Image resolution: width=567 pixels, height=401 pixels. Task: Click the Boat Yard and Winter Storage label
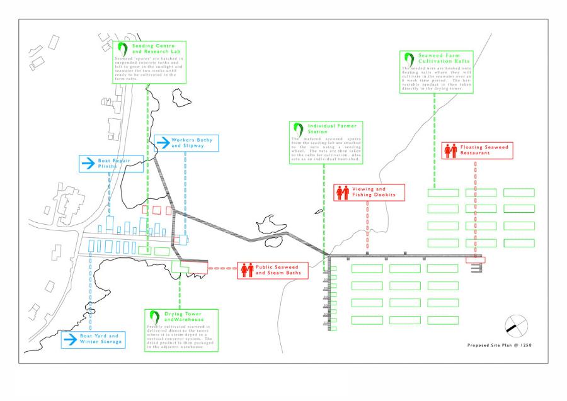tap(100, 339)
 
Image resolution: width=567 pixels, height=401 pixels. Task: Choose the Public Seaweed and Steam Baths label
tap(280, 270)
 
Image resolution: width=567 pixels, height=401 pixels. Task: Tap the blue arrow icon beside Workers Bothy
tap(163, 143)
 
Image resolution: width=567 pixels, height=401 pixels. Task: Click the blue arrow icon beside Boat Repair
tap(87, 164)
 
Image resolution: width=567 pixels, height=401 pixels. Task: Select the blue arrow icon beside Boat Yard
tap(70, 339)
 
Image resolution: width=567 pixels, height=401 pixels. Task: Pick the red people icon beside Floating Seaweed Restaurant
tap(450, 150)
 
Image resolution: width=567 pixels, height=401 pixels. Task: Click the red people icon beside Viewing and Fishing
tap(342, 192)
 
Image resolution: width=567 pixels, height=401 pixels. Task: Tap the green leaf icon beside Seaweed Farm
tap(409, 59)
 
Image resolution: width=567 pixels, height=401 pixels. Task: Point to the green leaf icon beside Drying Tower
tap(154, 317)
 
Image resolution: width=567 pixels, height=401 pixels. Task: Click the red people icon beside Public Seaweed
tap(245, 270)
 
